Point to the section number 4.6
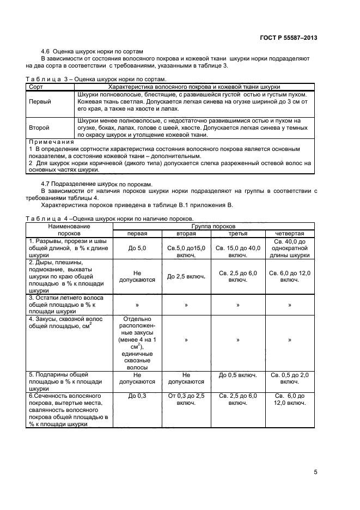(x=46, y=51)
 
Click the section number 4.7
(x=46, y=184)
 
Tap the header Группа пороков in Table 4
(x=213, y=226)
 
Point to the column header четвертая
(x=289, y=233)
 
